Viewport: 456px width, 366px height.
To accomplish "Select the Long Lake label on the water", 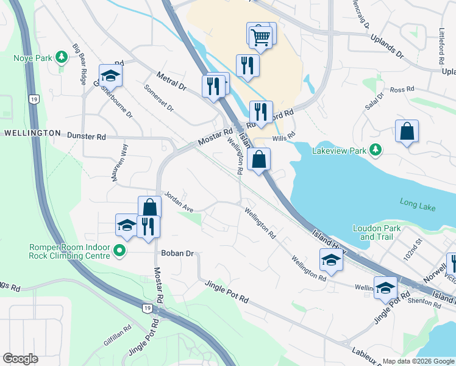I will [x=418, y=204].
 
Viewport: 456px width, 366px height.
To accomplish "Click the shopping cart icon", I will [x=260, y=36].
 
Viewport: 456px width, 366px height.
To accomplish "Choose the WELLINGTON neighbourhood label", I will [x=32, y=132].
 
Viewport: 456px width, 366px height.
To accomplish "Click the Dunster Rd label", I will [x=86, y=137].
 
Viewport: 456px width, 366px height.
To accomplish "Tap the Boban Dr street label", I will [x=177, y=253].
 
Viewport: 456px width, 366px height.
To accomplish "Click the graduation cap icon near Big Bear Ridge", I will [x=110, y=76].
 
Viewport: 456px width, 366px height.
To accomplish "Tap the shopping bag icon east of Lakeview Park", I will [x=407, y=131].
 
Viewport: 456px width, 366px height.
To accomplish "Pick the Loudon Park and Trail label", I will [x=377, y=232].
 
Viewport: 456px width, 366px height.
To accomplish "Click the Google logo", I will [x=20, y=359].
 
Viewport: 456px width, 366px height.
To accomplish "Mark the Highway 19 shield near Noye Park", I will [x=35, y=98].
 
